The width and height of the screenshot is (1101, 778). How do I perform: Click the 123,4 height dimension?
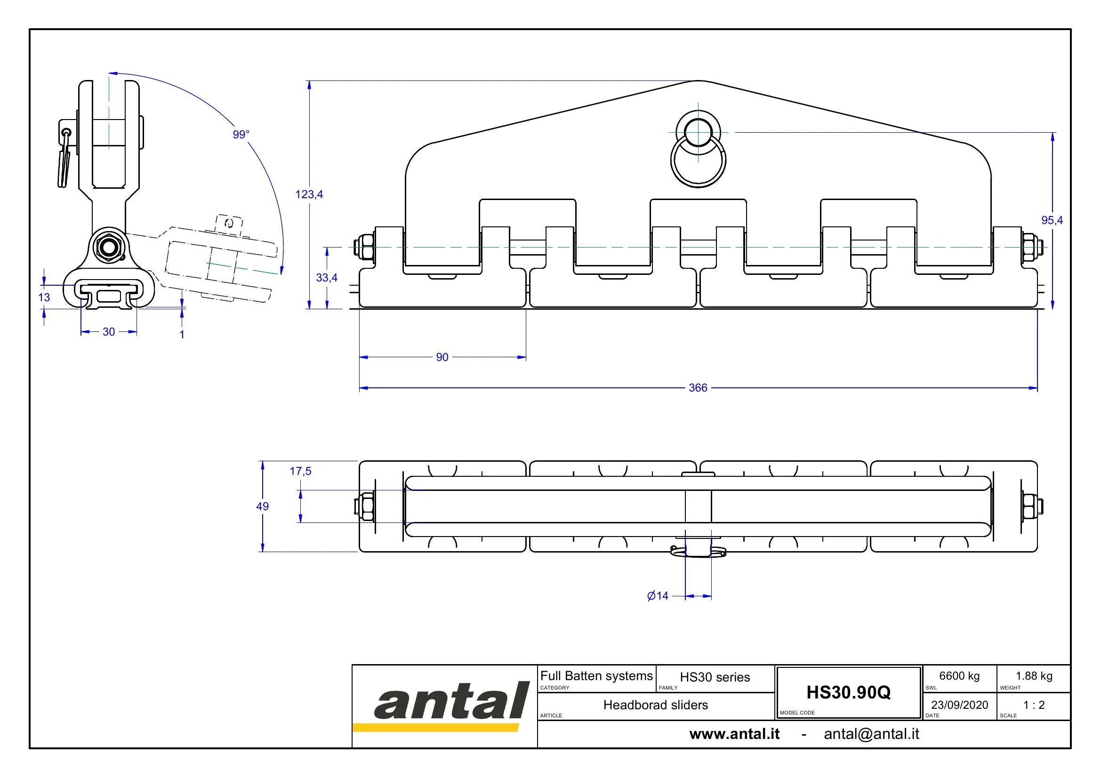point(309,194)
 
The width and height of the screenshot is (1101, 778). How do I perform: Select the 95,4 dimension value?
point(1052,220)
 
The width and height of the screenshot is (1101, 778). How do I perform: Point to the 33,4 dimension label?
point(327,278)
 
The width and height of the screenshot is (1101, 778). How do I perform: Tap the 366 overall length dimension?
point(698,388)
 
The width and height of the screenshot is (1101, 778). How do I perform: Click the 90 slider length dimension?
point(442,357)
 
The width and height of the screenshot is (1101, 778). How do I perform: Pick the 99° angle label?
point(241,135)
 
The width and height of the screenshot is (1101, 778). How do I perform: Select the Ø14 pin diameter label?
point(658,596)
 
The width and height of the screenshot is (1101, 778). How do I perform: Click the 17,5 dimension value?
point(301,471)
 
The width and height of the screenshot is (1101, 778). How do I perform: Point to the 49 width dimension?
point(262,506)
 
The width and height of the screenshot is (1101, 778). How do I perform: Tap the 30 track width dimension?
point(109,332)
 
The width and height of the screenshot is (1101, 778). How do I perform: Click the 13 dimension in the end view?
point(44,297)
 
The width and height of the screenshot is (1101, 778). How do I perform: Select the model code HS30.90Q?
point(848,692)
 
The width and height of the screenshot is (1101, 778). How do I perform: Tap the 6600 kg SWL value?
point(959,676)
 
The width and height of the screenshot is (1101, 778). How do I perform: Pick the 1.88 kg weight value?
point(1034,676)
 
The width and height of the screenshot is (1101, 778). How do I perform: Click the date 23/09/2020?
point(959,705)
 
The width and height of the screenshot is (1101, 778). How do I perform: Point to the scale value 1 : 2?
point(1034,705)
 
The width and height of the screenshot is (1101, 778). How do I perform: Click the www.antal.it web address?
point(735,734)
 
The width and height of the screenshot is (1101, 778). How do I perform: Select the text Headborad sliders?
point(656,705)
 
